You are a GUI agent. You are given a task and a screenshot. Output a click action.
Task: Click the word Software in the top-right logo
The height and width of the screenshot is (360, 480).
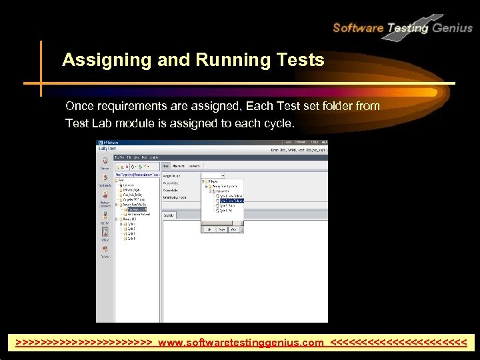tap(358, 28)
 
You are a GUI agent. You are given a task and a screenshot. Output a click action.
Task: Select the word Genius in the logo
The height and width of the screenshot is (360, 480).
tap(452, 28)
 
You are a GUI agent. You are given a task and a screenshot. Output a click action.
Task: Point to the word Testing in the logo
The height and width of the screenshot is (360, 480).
tap(408, 28)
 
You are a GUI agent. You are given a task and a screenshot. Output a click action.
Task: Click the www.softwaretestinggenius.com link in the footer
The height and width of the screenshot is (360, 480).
tap(241, 343)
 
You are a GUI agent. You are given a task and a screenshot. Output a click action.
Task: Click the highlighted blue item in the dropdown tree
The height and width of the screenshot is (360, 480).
tap(231, 200)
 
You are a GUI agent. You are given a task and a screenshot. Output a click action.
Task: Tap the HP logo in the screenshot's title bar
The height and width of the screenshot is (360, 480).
tap(101, 143)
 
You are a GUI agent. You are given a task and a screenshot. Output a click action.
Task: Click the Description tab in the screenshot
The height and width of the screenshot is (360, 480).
tap(169, 215)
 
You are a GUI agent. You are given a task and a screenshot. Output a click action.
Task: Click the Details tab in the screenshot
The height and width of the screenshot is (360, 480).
tap(166, 165)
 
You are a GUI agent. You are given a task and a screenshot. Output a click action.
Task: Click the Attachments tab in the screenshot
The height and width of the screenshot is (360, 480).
tap(179, 165)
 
